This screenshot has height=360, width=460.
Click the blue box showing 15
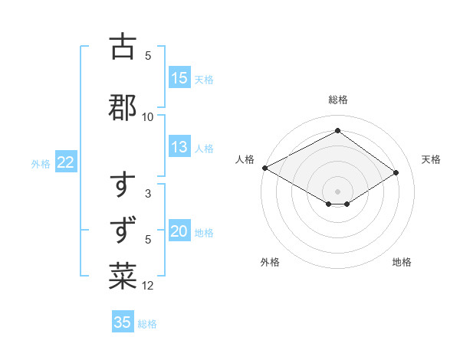click(x=179, y=78)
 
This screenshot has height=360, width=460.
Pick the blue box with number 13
click(x=179, y=148)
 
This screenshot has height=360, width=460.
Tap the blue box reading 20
click(x=179, y=232)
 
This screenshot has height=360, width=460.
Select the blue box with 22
click(x=66, y=162)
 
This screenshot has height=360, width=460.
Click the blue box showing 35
click(x=123, y=322)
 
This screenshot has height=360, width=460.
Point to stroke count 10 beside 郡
click(x=148, y=116)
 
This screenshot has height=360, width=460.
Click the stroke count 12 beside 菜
click(x=148, y=286)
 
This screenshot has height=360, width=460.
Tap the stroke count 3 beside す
click(x=148, y=195)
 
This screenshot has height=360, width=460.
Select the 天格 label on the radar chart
click(x=432, y=159)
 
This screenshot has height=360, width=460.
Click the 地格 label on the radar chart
click(x=402, y=262)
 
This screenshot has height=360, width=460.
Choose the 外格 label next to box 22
click(x=41, y=163)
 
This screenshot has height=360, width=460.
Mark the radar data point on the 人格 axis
click(x=264, y=168)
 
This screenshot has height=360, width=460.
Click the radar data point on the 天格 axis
click(x=396, y=173)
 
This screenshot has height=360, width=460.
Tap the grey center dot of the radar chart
click(x=337, y=191)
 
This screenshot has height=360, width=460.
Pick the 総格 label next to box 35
click(x=147, y=323)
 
